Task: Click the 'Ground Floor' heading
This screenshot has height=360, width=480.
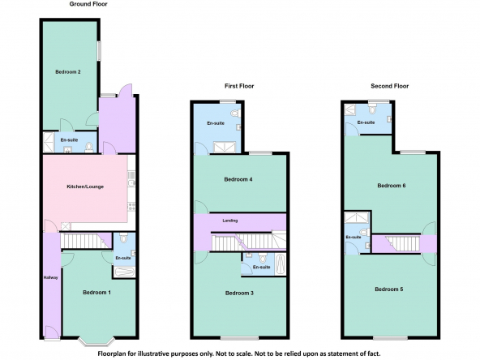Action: point(88,4)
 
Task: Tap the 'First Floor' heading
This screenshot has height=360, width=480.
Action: point(239,86)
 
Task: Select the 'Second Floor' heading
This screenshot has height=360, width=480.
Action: point(390,86)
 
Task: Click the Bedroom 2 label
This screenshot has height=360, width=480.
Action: point(68,72)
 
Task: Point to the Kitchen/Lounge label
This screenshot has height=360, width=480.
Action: point(85,186)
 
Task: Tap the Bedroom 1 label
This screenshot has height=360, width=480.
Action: point(96,293)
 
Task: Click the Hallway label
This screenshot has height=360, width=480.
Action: point(50,277)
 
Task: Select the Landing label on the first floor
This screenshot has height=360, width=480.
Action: point(230,221)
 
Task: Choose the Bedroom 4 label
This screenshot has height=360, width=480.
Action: point(238,179)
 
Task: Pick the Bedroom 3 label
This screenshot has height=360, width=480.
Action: point(239,294)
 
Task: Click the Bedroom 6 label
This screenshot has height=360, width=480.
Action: point(392,186)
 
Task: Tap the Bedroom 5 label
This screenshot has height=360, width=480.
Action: point(389,289)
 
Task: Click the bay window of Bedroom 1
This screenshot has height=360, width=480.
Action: point(96,341)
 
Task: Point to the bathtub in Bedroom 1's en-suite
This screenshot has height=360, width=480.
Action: point(124,272)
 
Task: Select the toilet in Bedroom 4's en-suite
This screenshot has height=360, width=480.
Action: point(236,114)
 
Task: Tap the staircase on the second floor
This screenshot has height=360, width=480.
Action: point(402,243)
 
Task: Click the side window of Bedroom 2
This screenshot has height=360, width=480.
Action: point(100,51)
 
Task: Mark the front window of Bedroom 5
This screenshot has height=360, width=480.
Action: point(390,338)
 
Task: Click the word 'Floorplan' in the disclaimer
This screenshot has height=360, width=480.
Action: point(110,354)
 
